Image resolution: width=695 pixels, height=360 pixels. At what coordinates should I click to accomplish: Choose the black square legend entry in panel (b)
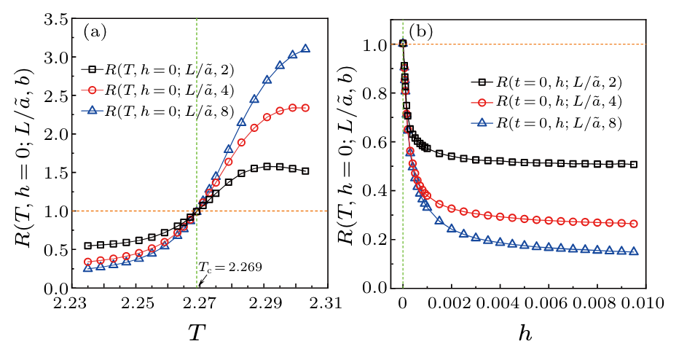coord(543,81)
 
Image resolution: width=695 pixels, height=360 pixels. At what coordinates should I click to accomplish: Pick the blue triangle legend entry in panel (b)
coord(543,122)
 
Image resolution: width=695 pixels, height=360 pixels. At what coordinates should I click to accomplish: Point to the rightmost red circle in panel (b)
coord(633,224)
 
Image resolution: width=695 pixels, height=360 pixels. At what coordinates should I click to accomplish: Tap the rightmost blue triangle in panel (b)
coord(633,251)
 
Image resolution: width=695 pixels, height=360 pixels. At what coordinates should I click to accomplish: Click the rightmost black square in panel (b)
coord(633,165)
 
